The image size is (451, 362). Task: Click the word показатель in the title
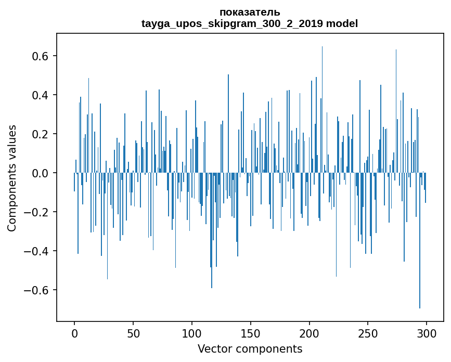[250, 12]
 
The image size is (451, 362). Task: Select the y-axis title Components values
[12, 178]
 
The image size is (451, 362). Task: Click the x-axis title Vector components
[250, 349]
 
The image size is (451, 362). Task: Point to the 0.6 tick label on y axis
[38, 56]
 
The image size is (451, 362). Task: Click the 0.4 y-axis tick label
[38, 95]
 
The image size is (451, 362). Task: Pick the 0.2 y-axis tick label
[38, 134]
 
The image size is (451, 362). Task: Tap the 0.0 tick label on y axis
[38, 173]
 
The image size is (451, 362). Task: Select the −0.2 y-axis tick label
[35, 212]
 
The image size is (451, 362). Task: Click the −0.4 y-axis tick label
[35, 251]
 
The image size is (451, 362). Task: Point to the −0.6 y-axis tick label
[35, 290]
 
